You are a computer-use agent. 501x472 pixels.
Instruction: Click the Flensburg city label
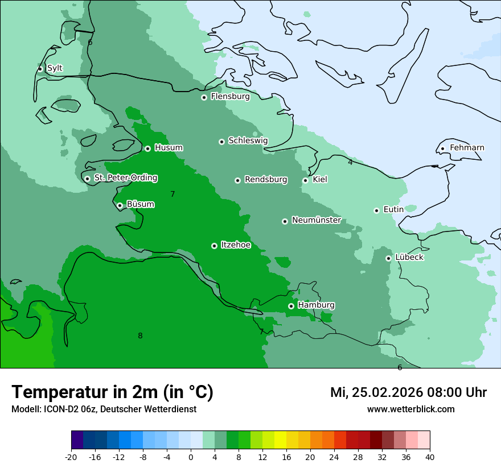230,97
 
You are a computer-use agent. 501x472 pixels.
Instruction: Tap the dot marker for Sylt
40,69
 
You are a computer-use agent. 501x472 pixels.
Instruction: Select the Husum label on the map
169,148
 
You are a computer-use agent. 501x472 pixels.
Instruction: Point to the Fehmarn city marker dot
442,148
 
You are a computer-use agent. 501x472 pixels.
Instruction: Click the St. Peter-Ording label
125,178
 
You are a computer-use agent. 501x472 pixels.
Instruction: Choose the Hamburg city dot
291,306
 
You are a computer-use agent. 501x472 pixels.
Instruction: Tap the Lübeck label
409,258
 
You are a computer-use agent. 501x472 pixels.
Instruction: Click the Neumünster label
316,220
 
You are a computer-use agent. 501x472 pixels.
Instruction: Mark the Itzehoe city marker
214,246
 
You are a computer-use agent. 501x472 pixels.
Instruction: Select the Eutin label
393,210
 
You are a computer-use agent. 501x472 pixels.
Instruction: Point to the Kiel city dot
305,180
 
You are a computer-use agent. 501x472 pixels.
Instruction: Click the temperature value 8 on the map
140,336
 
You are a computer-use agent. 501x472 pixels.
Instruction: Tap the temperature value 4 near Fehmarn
350,163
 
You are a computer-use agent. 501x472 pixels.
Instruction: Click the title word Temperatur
57,392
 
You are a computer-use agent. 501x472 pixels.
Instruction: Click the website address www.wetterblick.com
410,409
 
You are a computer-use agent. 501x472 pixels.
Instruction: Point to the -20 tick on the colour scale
71,457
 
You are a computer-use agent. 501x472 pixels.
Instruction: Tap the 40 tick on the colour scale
430,457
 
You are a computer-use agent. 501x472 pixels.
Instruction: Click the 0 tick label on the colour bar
191,457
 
